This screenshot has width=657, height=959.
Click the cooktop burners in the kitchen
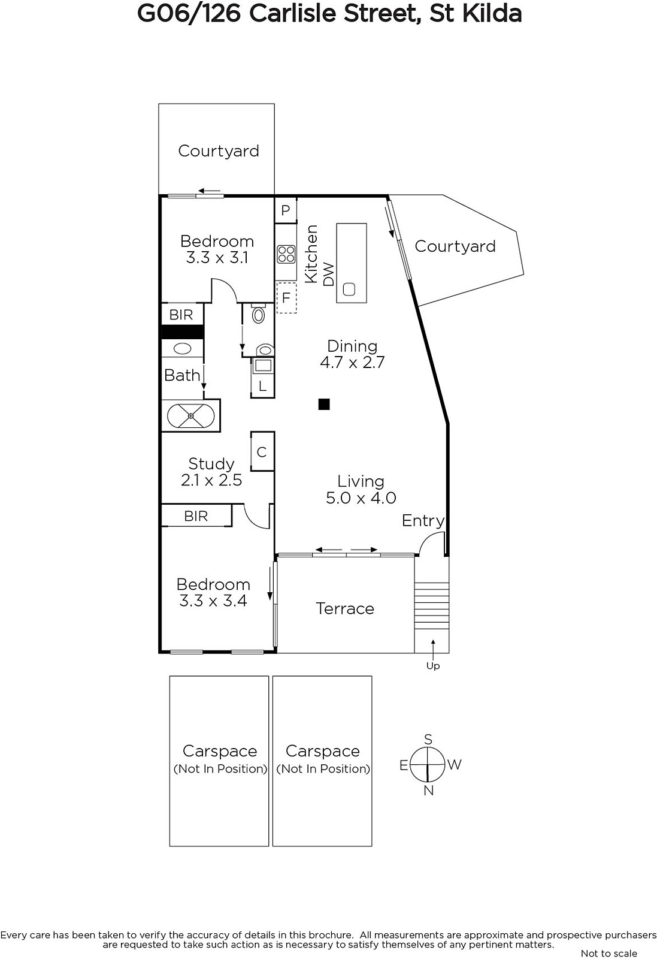(x=286, y=253)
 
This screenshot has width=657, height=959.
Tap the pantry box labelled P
(x=286, y=210)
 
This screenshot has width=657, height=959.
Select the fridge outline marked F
(x=287, y=297)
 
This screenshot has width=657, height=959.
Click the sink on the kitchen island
(x=349, y=289)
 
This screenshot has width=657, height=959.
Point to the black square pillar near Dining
(x=324, y=404)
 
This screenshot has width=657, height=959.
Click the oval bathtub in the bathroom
(x=190, y=416)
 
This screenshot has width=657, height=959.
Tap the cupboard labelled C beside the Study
(x=262, y=452)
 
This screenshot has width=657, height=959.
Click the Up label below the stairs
(x=433, y=666)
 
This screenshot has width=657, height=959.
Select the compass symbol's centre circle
(x=428, y=764)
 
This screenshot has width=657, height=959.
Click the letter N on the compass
(x=429, y=791)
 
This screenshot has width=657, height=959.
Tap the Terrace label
(x=345, y=608)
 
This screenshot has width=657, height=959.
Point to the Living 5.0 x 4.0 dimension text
(x=361, y=498)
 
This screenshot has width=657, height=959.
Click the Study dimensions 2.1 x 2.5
(x=211, y=480)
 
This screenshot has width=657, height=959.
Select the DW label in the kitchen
(x=328, y=275)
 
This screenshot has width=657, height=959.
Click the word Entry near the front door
(x=423, y=521)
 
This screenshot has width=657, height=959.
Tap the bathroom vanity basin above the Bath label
(x=183, y=348)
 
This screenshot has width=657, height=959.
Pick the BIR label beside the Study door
(x=196, y=516)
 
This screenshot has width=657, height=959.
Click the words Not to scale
(x=609, y=954)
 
